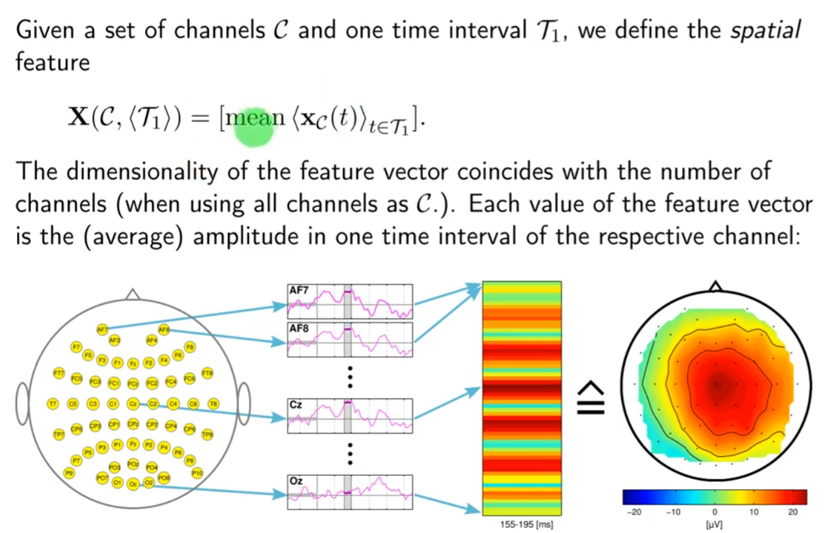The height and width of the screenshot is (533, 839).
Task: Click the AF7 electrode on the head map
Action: point(102,330)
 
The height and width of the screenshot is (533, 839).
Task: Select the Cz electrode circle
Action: point(133,404)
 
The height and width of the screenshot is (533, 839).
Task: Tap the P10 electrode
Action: point(196,473)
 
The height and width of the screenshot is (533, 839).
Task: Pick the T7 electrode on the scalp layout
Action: point(53,404)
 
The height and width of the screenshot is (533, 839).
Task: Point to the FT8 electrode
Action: point(208,373)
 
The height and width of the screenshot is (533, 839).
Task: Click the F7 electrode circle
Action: point(76,347)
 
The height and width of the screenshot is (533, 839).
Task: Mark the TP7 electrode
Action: point(58,434)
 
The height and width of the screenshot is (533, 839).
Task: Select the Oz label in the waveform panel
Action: point(296,482)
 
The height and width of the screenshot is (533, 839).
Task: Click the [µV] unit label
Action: point(714,526)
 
